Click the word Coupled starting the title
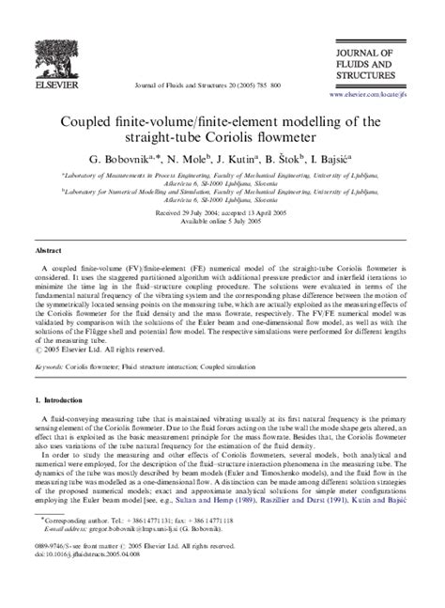(x=92, y=121)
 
